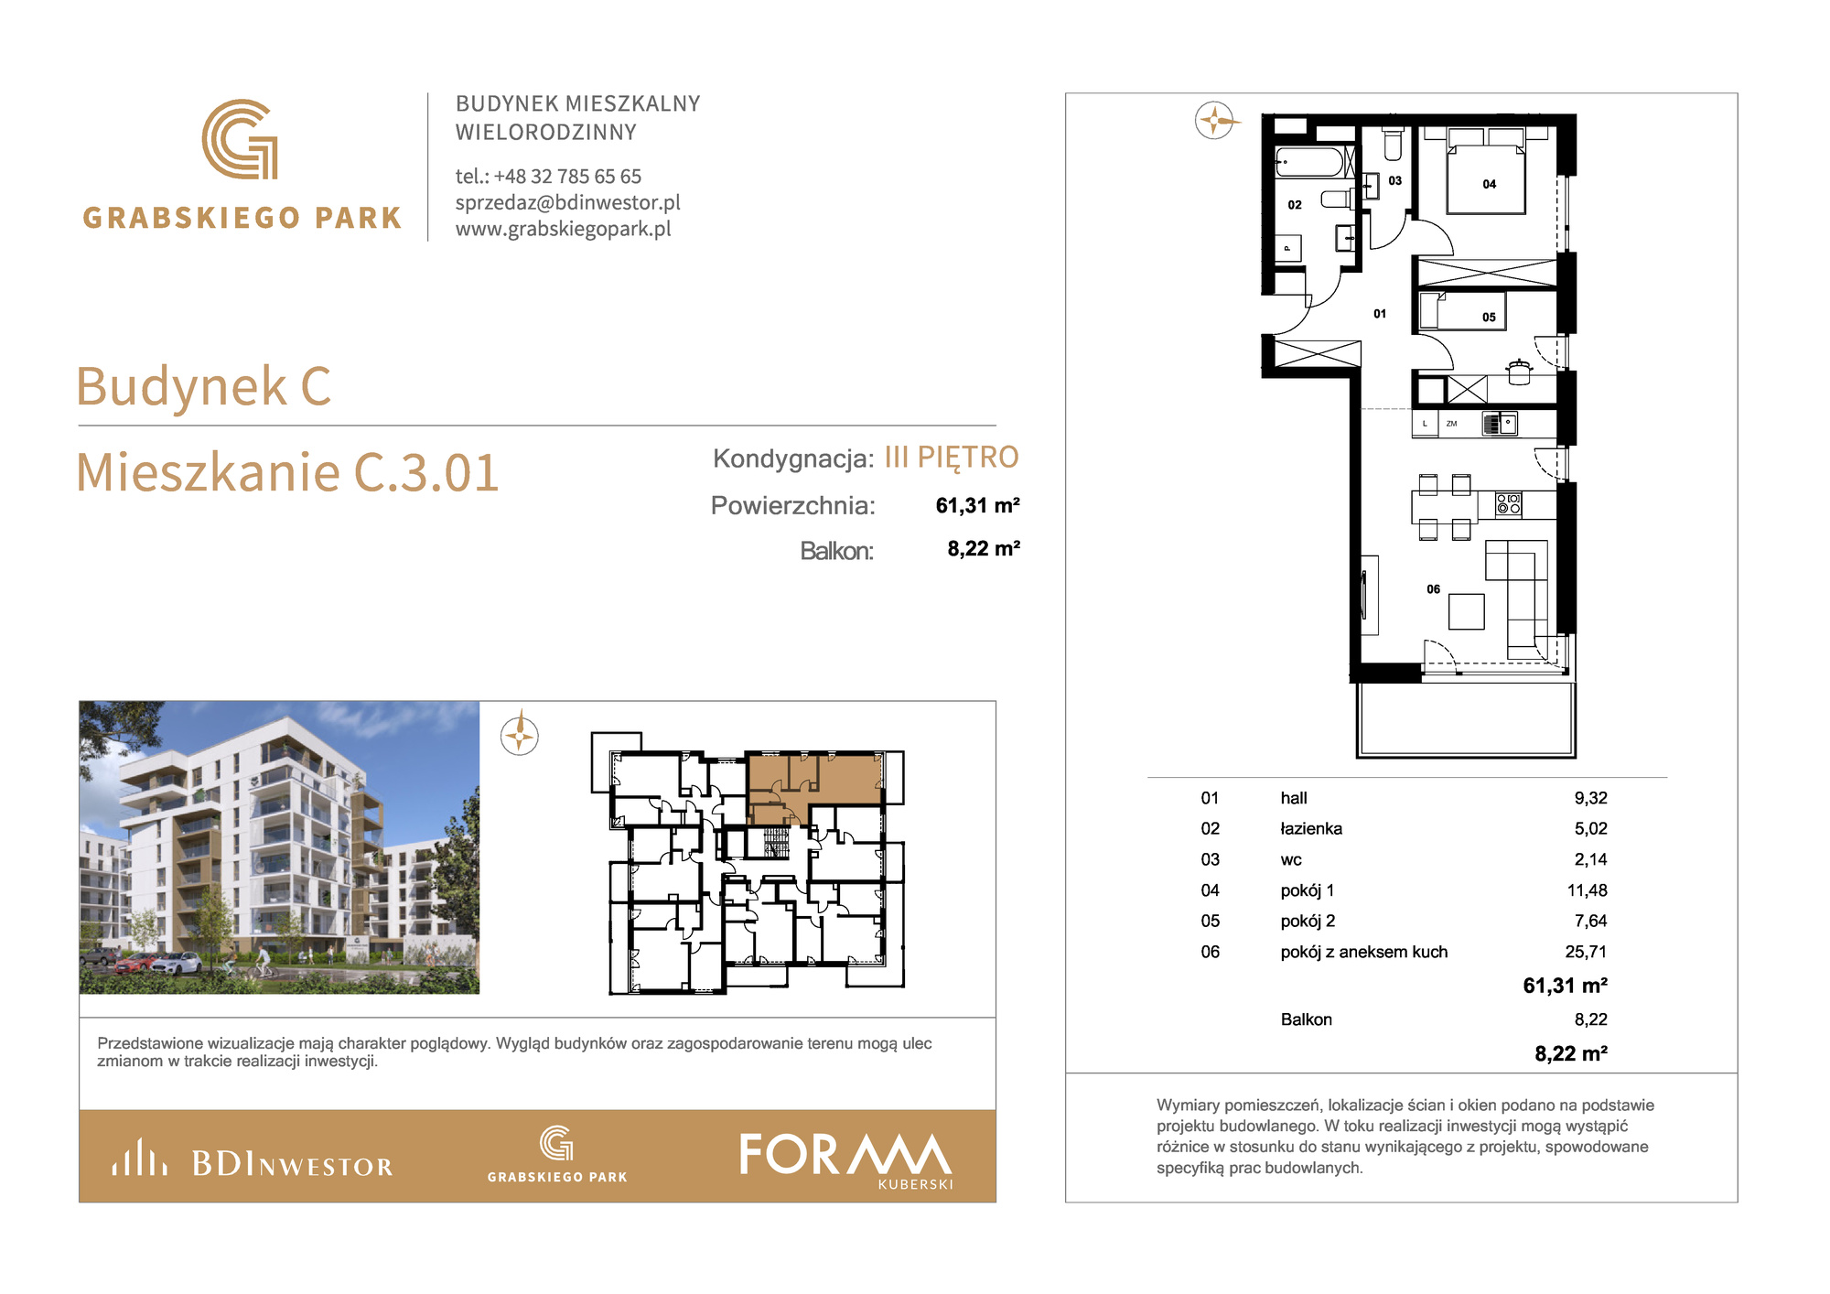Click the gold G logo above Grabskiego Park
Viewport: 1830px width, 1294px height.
240,139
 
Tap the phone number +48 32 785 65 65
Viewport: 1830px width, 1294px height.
567,176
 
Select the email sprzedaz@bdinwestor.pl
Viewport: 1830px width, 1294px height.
568,202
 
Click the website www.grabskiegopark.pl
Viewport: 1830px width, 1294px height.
564,229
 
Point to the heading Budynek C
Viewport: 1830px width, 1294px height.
203,386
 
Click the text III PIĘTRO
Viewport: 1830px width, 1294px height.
952,458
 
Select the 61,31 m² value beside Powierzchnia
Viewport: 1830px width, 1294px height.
977,505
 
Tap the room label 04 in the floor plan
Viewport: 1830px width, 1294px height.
1490,184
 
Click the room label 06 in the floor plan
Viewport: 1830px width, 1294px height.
1434,589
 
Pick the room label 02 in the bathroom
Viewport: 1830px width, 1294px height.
1295,205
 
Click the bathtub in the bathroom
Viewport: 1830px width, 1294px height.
1310,162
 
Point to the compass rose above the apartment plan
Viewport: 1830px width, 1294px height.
1215,120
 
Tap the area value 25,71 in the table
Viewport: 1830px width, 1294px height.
1586,952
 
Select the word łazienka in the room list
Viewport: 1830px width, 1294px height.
1311,828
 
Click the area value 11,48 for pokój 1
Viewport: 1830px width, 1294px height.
1587,890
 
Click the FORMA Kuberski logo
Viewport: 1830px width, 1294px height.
846,1159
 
